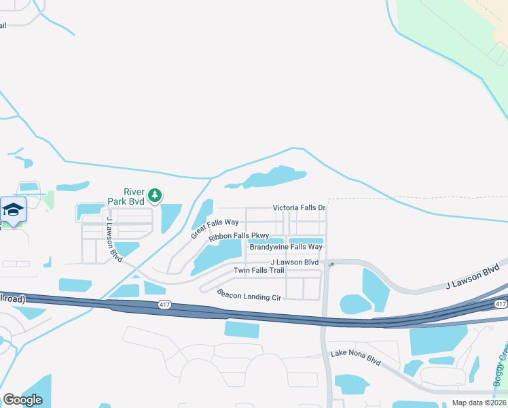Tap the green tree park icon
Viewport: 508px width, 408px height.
(156, 197)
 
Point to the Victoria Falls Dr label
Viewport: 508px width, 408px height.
(300, 207)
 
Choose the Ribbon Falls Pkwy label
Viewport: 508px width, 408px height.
(239, 237)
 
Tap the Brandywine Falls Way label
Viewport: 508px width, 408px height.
(285, 247)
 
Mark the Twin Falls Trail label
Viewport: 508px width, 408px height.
(259, 271)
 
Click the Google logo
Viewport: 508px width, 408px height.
(22, 400)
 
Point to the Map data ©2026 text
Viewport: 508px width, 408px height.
(479, 403)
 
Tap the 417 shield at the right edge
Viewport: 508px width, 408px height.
(501, 303)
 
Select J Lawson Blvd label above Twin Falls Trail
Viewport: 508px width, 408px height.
(294, 262)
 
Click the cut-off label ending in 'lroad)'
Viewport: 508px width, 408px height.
(12, 299)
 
